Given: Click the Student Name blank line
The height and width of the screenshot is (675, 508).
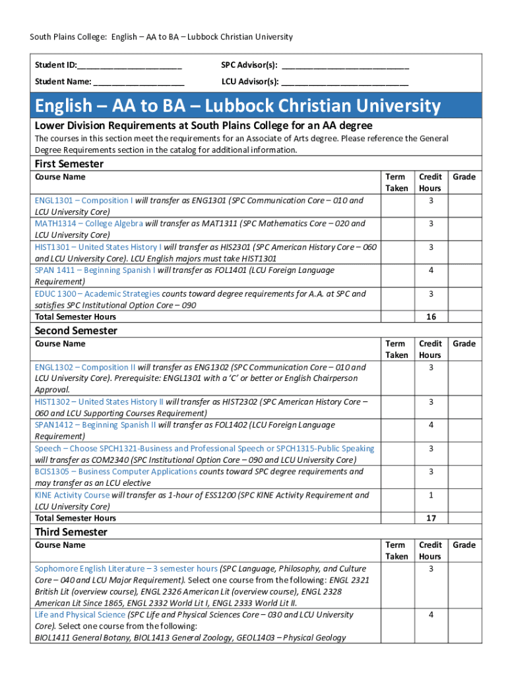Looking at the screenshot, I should tap(139, 84).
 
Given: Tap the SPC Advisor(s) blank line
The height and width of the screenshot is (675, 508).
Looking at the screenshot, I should tap(344, 67).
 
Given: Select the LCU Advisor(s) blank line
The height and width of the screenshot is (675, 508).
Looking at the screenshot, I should tap(344, 84).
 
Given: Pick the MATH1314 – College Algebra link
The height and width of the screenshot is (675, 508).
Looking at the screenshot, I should tap(89, 223).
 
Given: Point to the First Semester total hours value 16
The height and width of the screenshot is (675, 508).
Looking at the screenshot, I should tap(431, 317).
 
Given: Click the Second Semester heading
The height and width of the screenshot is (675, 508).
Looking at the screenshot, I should tap(76, 330).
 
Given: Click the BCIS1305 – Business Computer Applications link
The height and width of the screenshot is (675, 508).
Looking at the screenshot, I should tap(115, 471).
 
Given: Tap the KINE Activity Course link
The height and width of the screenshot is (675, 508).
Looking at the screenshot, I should tap(72, 495).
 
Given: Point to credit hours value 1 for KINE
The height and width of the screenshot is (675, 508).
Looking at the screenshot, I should tap(431, 495).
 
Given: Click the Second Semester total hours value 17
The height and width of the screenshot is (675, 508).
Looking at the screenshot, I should tap(431, 518).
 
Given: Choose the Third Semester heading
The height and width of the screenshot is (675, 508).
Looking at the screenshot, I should tap(71, 532).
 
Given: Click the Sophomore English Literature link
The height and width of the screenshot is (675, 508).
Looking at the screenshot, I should tap(126, 568).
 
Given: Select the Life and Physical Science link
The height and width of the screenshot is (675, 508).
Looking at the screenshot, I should tap(80, 614).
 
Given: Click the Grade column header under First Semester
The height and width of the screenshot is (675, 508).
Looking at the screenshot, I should tap(464, 177).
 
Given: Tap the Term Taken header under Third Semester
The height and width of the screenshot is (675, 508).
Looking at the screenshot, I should tap(397, 550).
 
